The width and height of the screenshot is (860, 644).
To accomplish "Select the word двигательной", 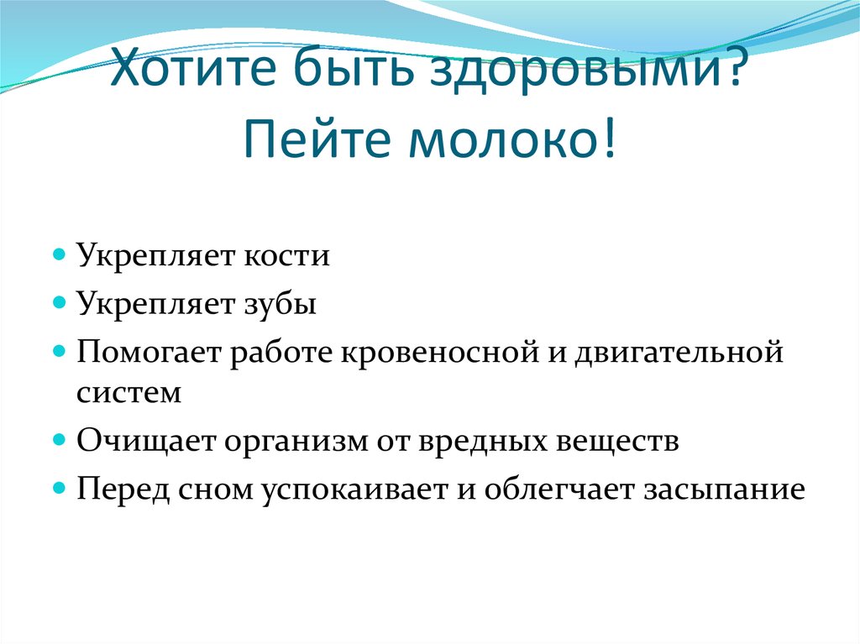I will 679,351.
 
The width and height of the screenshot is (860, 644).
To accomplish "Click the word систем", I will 128,393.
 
